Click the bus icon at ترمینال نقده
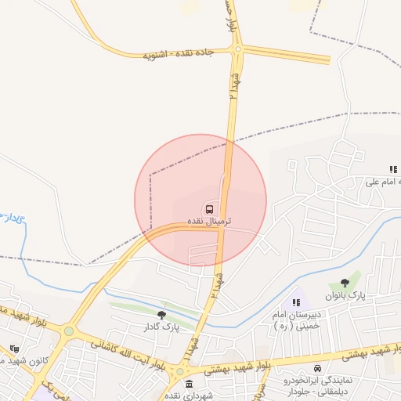tap(209, 208)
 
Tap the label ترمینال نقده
tap(209, 222)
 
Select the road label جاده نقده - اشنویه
tap(178, 55)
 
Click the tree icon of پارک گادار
tap(161, 315)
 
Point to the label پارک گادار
tap(161, 327)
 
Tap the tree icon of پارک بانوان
tap(345, 283)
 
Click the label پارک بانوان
tap(349, 295)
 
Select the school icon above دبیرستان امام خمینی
tap(295, 302)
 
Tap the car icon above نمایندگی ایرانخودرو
tap(317, 369)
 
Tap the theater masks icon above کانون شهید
tap(14, 349)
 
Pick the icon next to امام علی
tap(393, 169)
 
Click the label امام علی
tap(384, 182)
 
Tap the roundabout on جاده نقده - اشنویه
tap(237, 51)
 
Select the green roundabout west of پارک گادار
tap(69, 331)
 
